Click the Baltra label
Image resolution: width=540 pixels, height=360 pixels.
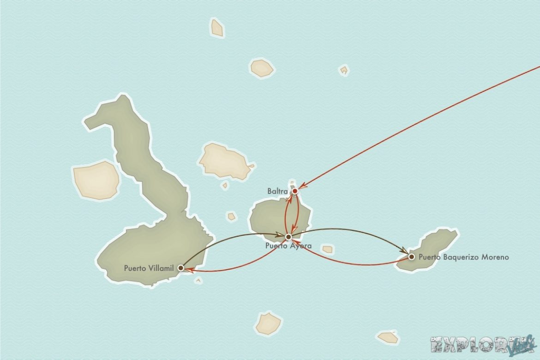click(x=277, y=191)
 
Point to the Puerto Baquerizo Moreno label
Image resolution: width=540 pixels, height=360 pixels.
click(x=464, y=257)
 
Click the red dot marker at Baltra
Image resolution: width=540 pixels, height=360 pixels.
click(x=294, y=191)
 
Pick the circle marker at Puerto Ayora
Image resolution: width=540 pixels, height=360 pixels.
click(x=288, y=237)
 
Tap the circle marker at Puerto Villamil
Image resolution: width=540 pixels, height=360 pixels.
click(x=181, y=268)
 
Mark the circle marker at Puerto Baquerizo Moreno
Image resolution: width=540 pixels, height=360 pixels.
click(x=411, y=257)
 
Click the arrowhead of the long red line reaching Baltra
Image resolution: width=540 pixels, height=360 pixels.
click(x=303, y=186)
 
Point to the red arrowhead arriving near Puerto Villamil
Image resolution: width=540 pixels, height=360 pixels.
click(x=189, y=270)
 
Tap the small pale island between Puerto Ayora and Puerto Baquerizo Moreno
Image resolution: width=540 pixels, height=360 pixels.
click(x=327, y=249)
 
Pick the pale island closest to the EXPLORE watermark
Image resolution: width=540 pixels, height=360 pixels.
click(x=388, y=337)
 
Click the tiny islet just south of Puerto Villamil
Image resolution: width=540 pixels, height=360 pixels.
click(x=198, y=280)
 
